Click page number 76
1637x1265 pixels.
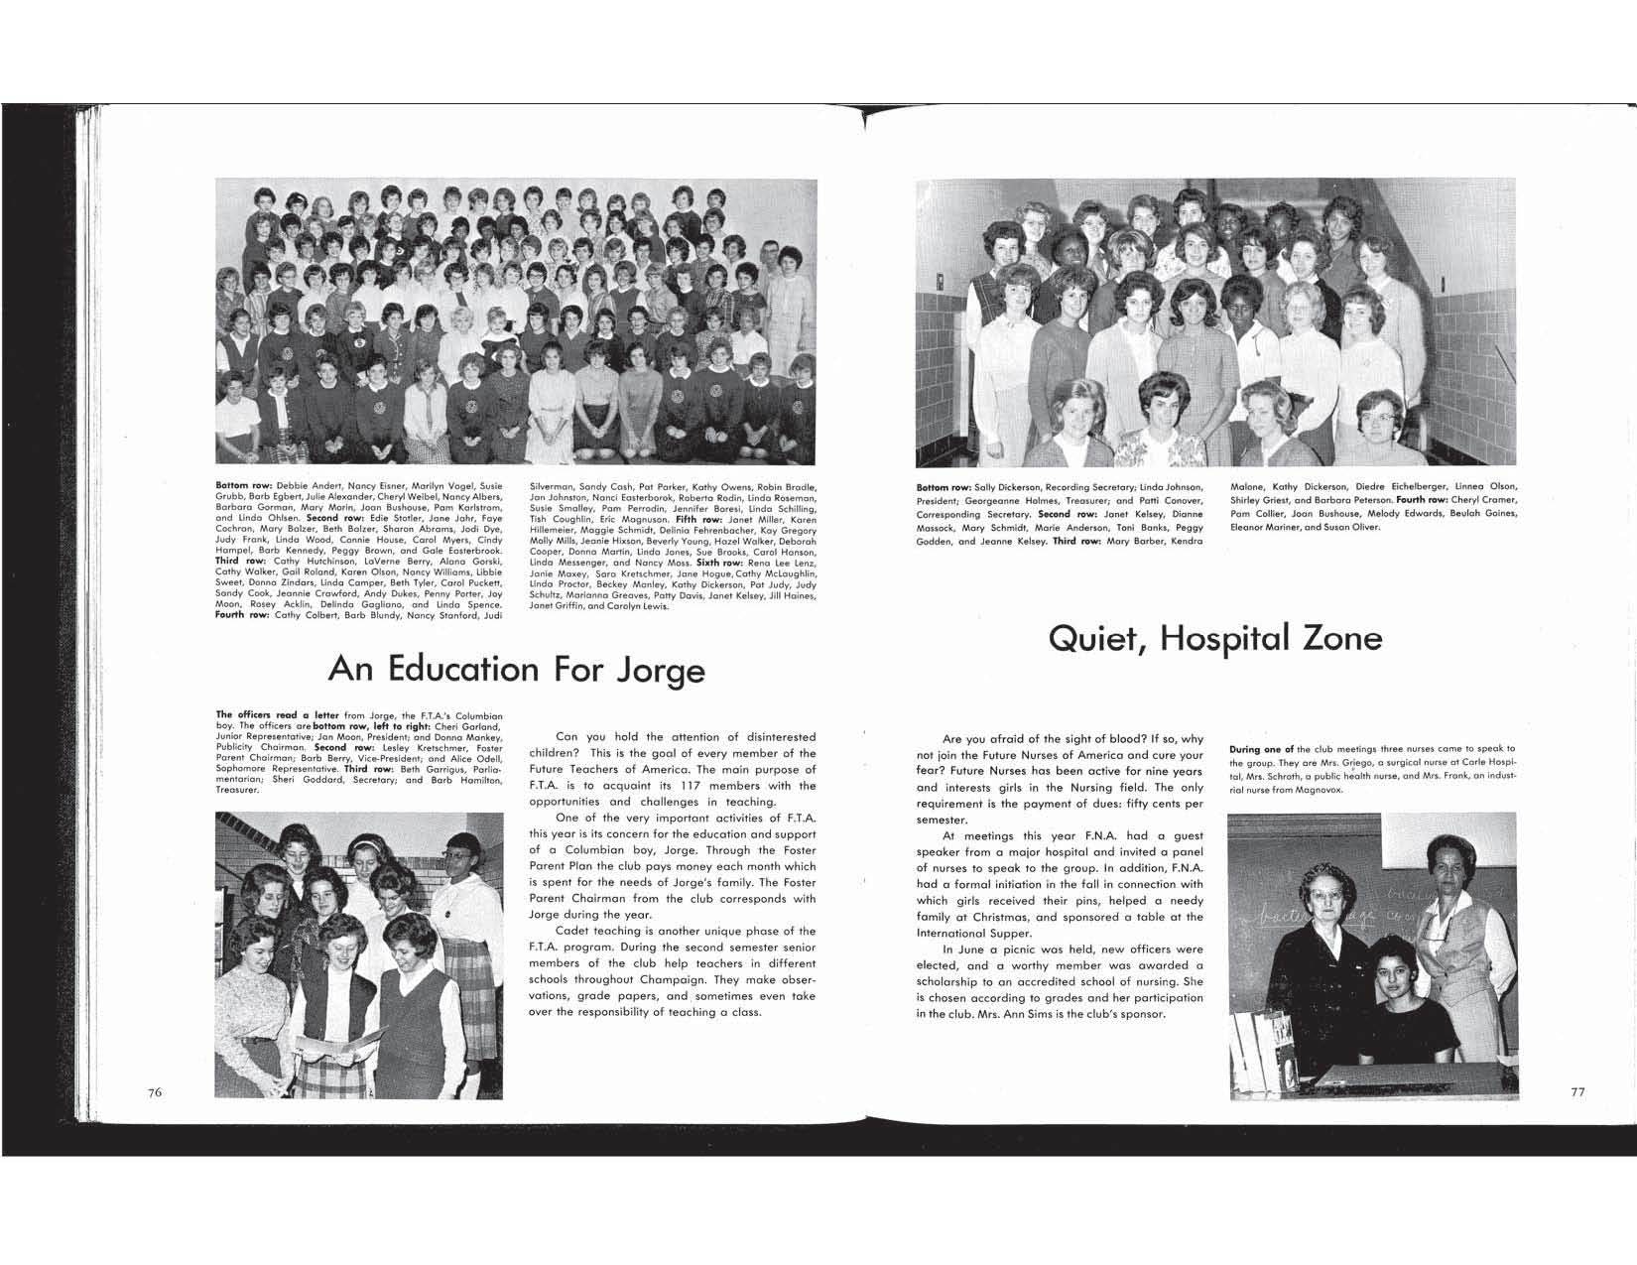pos(154,1091)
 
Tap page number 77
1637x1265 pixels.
pos(1577,1091)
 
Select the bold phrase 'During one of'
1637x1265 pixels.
pos(1261,749)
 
